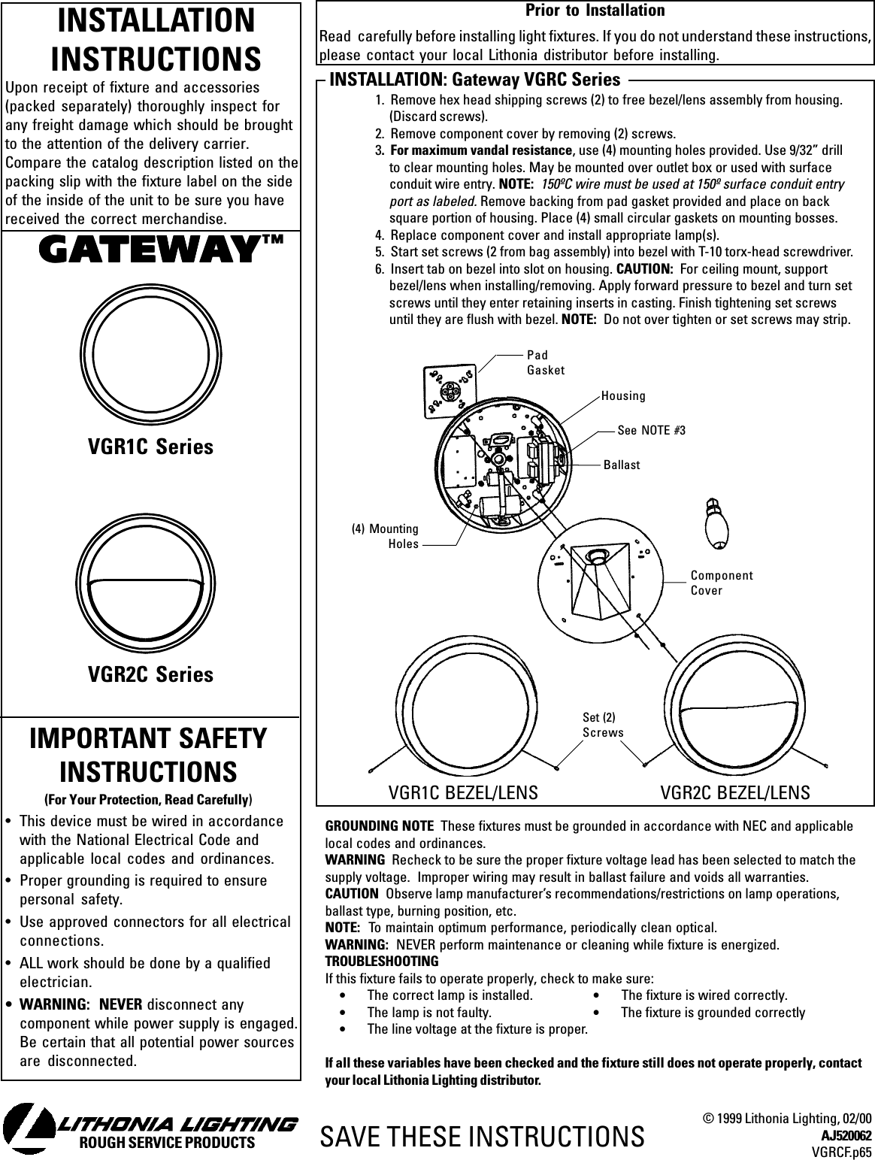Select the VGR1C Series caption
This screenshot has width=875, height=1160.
point(150,447)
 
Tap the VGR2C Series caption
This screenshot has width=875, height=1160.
point(150,674)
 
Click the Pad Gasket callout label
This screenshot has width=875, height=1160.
point(546,362)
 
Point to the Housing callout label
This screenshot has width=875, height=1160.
point(623,395)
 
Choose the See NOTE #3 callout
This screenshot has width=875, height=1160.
point(651,430)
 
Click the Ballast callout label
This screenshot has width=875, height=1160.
point(622,465)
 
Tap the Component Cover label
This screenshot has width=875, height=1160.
point(721,583)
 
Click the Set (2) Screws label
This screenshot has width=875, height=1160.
point(603,726)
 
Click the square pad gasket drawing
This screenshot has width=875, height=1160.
point(450,391)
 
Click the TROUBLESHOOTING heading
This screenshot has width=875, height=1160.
point(381,962)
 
